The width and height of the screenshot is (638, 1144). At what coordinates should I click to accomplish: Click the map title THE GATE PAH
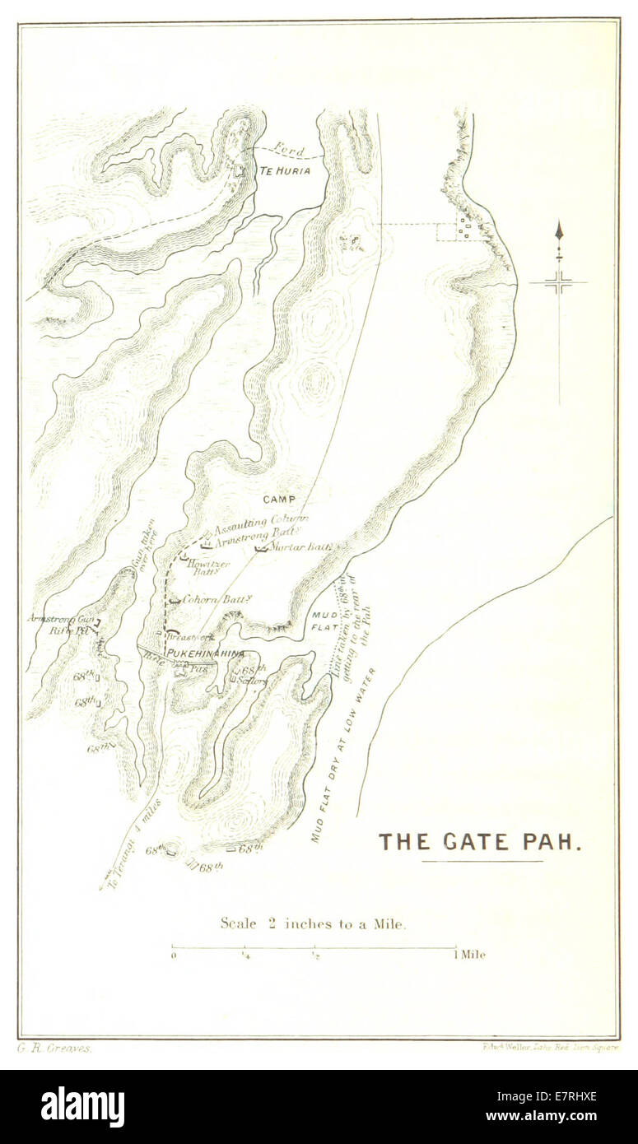coord(481,841)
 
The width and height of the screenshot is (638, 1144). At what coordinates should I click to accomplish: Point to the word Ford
coord(289,151)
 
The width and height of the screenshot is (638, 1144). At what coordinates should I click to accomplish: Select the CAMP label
coord(279,500)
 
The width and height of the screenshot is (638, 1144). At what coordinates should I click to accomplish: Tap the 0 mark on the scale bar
coord(173,956)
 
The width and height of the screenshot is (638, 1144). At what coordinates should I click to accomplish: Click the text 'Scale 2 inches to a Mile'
coord(313,923)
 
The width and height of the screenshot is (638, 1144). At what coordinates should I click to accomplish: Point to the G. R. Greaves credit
coord(54,1048)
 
